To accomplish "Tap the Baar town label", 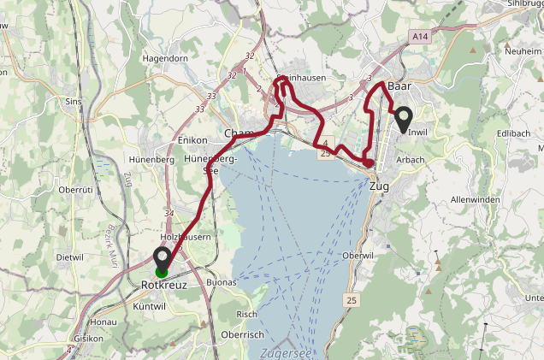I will click(x=399, y=86).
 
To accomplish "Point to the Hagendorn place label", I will click(x=165, y=58).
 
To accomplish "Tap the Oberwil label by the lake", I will click(x=358, y=256).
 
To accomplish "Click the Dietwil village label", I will click(x=69, y=257).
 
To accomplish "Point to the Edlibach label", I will click(x=512, y=134).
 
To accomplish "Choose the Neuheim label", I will click(x=523, y=52).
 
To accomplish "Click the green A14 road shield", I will click(x=418, y=38).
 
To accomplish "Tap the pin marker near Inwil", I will click(x=404, y=119).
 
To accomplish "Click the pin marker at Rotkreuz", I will click(x=162, y=257).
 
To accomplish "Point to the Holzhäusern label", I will click(x=186, y=236).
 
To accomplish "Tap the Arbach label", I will click(x=411, y=160).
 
